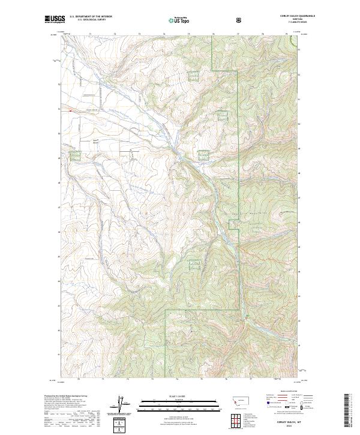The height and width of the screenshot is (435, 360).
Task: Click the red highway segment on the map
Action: coord(70,110)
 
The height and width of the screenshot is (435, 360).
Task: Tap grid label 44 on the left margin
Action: coord(59,281)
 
